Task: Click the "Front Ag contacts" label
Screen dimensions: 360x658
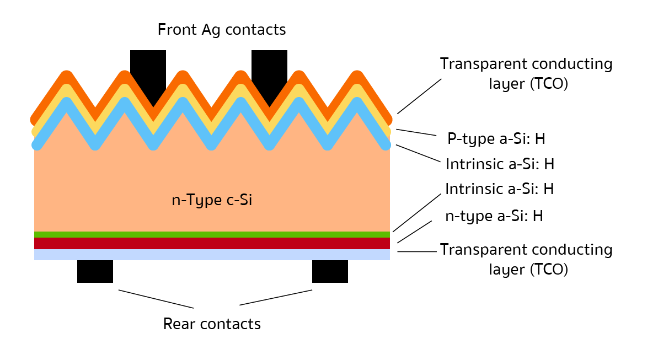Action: pos(222,29)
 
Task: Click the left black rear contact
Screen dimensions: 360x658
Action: pos(95,271)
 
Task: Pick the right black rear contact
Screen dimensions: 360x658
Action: pos(330,271)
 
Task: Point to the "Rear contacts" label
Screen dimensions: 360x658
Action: pos(212,324)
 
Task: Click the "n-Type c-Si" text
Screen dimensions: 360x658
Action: pos(212,200)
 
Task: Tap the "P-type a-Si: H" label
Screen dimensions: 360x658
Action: pos(496,139)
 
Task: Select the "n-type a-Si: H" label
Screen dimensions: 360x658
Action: pos(494,217)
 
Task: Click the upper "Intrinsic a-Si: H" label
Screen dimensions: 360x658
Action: pos(499,164)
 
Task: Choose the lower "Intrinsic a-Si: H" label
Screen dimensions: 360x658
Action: pos(499,189)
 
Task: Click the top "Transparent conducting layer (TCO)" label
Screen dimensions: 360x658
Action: pos(526,74)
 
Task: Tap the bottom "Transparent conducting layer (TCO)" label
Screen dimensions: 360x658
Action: pos(526,260)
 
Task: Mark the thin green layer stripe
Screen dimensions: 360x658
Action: pos(212,234)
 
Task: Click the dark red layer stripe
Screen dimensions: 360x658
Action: pos(212,243)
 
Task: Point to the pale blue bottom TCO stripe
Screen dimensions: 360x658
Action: pos(212,255)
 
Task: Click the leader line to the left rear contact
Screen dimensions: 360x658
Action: pos(156,299)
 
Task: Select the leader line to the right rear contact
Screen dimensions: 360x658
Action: pos(276,297)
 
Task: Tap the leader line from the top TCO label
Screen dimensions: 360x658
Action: pos(419,96)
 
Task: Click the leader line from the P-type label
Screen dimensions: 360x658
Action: pos(416,132)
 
